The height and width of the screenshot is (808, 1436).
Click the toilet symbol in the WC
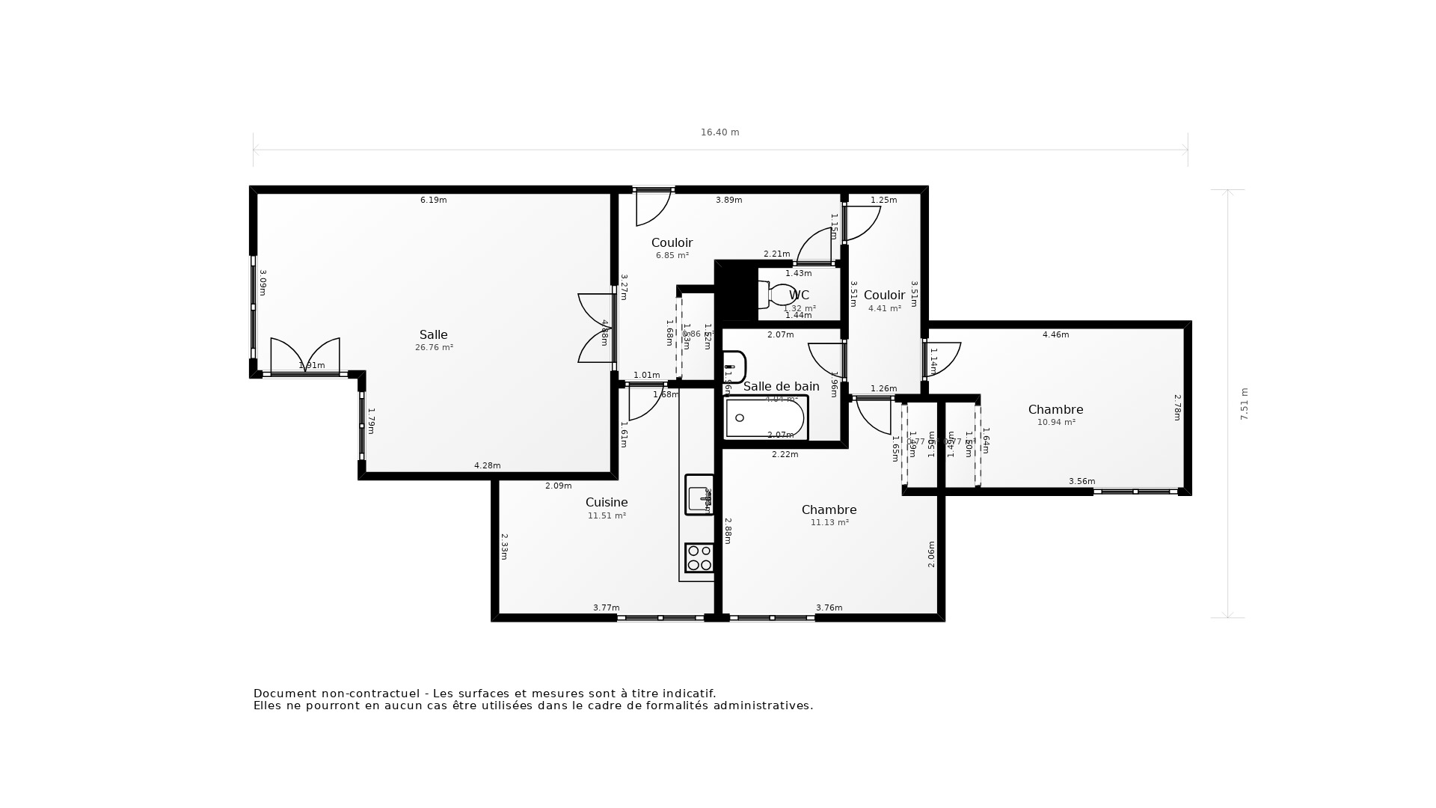pos(776,295)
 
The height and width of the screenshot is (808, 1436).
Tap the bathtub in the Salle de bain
pos(765,417)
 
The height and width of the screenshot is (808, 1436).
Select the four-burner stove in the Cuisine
pos(699,558)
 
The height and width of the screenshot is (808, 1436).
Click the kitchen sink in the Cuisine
pos(699,495)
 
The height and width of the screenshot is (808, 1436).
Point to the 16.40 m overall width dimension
pos(719,132)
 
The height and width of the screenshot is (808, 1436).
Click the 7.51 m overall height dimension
pos(1245,403)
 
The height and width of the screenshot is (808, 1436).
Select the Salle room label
pos(433,334)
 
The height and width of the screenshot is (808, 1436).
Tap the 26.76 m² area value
pos(434,348)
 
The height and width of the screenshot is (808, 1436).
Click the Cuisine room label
pos(606,502)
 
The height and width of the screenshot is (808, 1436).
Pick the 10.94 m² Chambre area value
pos(1056,423)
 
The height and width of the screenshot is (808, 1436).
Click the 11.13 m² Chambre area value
pos(829,523)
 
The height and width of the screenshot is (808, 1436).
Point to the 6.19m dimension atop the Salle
pos(433,200)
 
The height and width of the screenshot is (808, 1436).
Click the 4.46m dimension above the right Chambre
pos(1055,334)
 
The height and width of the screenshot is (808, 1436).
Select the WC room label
pos(799,295)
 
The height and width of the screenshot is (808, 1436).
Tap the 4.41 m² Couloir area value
pos(884,308)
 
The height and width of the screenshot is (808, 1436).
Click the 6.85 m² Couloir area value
pos(672,256)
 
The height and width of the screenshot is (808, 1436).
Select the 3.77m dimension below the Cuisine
pos(606,607)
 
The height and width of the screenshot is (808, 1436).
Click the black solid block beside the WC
pos(736,290)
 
